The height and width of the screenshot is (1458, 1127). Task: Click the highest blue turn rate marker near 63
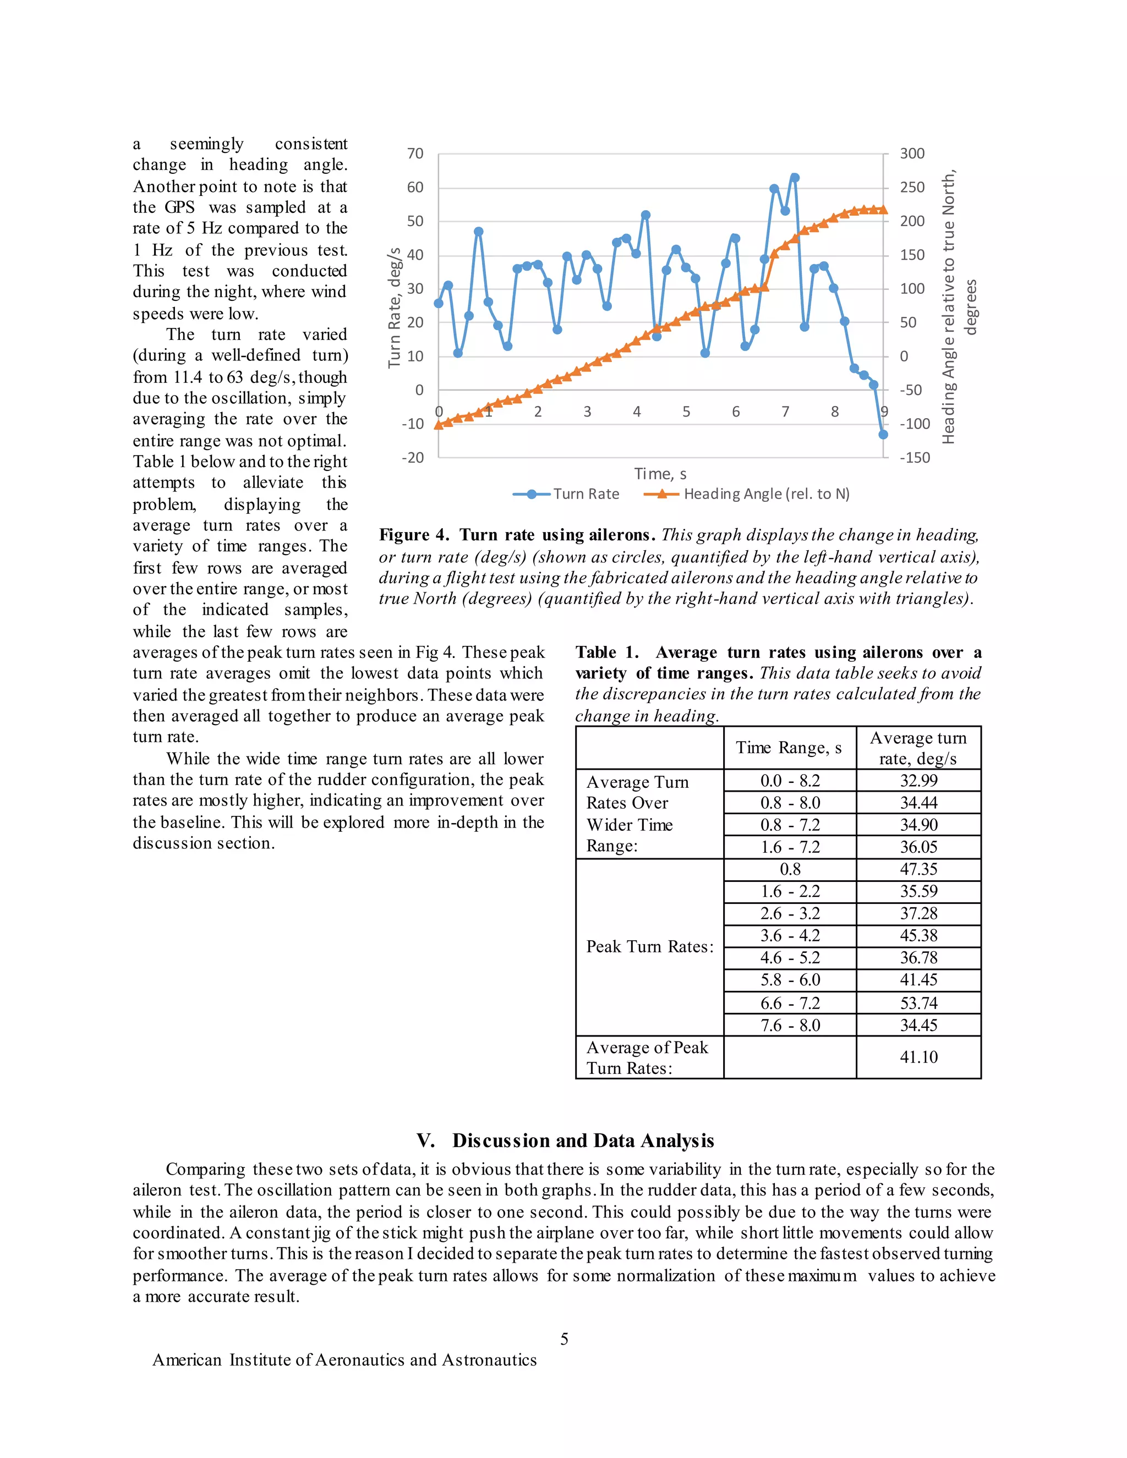[795, 178]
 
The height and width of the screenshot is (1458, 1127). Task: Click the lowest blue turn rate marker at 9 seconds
[883, 435]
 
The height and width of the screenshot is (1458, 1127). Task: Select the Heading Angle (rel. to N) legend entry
[747, 494]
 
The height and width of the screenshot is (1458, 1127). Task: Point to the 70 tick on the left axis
[415, 154]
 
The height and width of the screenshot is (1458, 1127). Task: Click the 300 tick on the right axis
[912, 154]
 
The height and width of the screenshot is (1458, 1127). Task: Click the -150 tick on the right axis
[914, 458]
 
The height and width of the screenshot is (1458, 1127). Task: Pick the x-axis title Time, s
[660, 474]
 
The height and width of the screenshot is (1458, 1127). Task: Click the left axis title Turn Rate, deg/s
[395, 307]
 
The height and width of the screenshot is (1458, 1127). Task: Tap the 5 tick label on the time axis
[686, 412]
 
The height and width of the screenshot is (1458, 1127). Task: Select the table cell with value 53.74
[918, 1004]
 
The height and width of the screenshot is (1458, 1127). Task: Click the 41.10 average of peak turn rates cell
[918, 1057]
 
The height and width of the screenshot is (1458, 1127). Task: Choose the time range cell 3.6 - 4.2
[790, 936]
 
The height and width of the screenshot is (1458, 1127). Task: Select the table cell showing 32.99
[918, 780]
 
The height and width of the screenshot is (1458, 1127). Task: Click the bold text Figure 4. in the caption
[414, 535]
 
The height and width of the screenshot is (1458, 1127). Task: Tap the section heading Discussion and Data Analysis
[583, 1140]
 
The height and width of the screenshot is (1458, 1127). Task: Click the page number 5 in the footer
[564, 1339]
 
